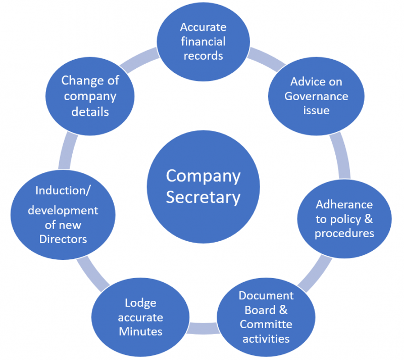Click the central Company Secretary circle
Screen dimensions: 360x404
click(x=203, y=187)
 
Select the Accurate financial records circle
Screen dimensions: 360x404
click(x=203, y=41)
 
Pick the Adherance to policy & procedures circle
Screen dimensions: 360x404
click(x=344, y=218)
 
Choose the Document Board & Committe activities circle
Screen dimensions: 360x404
click(x=266, y=317)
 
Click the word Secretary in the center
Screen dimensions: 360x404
click(x=203, y=197)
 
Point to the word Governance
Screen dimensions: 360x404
click(x=316, y=96)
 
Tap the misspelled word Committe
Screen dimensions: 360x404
click(x=266, y=324)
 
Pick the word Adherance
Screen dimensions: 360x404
click(x=344, y=205)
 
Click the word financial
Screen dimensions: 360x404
click(x=203, y=41)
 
